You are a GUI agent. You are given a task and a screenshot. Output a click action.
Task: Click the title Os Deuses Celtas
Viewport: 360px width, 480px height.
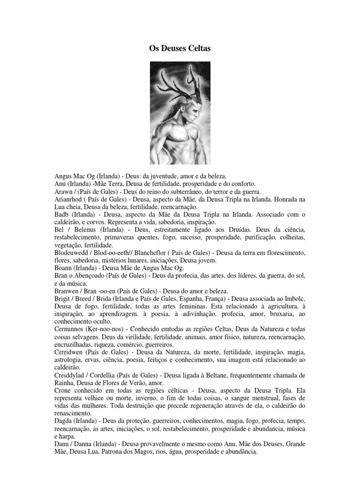180,48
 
